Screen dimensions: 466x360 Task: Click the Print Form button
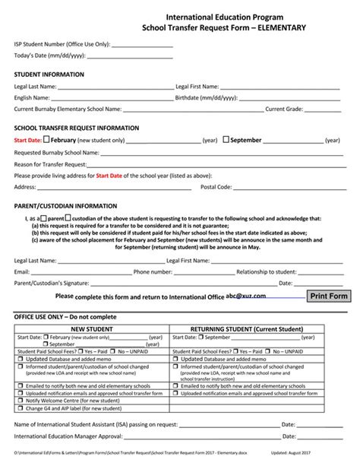pos(328,296)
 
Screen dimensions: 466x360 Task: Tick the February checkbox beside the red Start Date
pos(47,140)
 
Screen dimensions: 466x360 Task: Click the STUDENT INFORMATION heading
pos(49,74)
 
